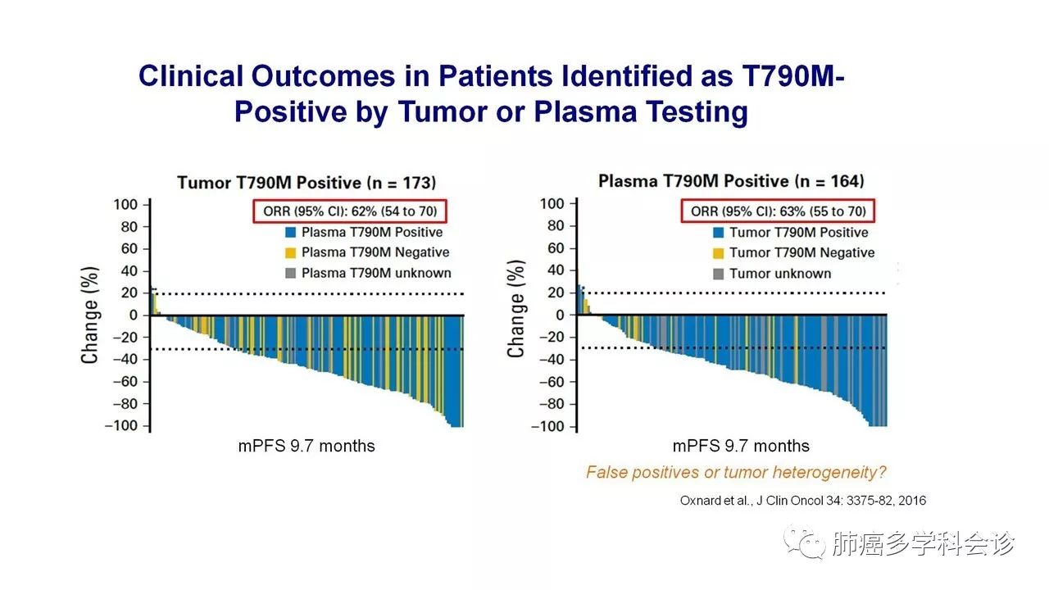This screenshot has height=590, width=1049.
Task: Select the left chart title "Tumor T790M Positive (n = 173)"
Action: [307, 182]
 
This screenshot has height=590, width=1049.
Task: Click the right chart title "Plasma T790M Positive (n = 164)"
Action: [731, 181]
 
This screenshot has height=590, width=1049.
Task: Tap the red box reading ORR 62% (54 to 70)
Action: [350, 211]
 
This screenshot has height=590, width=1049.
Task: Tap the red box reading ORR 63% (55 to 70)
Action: [778, 211]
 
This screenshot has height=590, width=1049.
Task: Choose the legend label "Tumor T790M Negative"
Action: [802, 253]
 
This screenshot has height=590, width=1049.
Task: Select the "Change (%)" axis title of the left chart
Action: [89, 315]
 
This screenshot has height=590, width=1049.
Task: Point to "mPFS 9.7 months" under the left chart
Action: [307, 447]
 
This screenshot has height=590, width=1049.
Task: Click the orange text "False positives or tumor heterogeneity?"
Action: [736, 473]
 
